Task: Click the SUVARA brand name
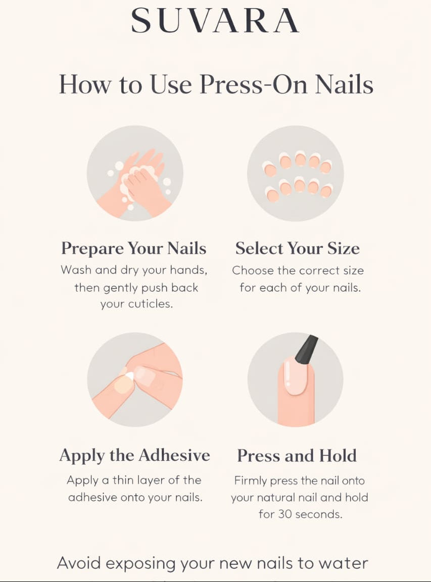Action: [215, 21]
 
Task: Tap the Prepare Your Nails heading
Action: [133, 249]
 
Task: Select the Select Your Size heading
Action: [298, 249]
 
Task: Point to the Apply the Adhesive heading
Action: [134, 455]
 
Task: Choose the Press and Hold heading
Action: [297, 455]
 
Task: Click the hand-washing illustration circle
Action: [135, 173]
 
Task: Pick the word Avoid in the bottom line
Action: [79, 563]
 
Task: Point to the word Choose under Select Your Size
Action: [253, 271]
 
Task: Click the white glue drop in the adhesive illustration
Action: [129, 376]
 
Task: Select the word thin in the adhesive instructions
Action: [123, 480]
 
